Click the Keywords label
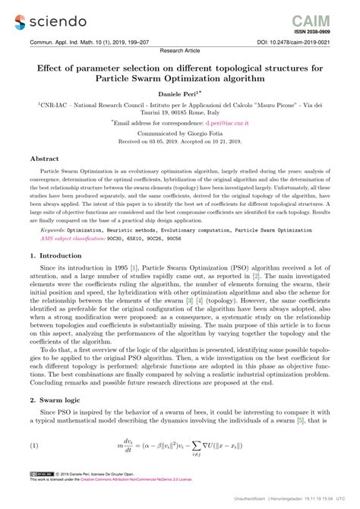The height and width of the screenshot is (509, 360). pyautogui.click(x=56, y=229)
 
